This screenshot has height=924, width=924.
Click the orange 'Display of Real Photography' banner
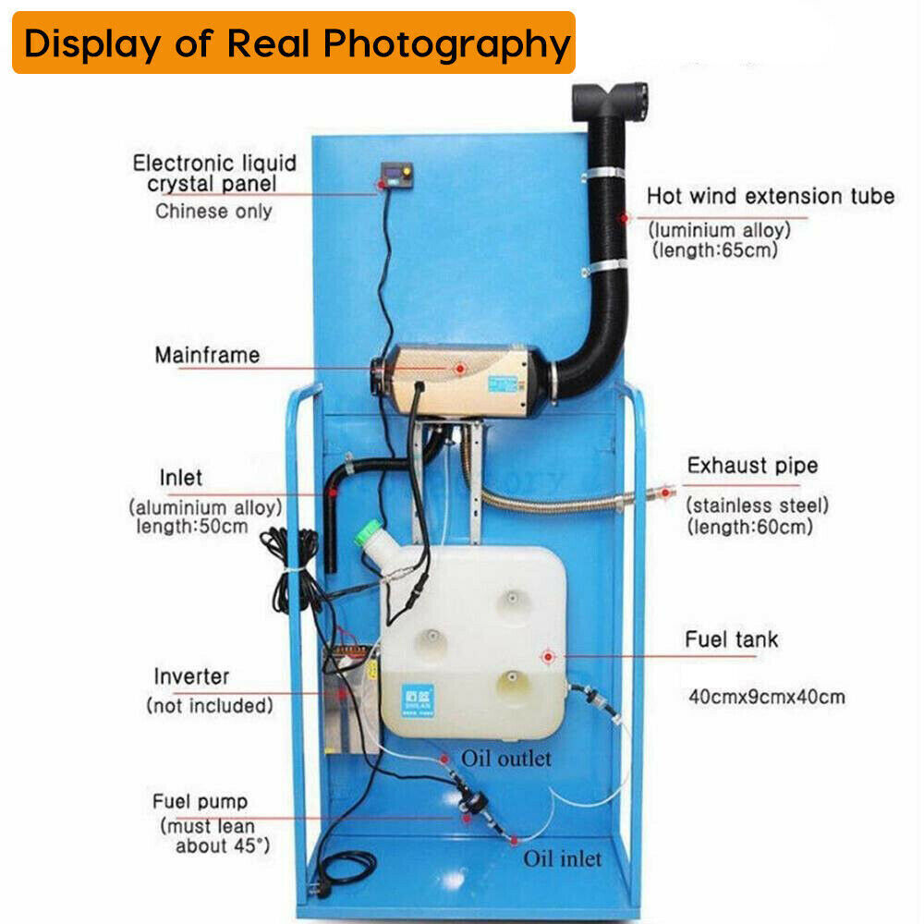point(294,43)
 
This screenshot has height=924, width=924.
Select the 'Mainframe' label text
point(207,355)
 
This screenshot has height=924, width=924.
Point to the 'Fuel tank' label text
point(731,639)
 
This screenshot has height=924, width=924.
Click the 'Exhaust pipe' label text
point(752,465)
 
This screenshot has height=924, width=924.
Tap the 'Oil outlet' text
point(506,759)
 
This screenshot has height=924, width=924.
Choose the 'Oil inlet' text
point(562,858)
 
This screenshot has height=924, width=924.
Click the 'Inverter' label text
point(191,676)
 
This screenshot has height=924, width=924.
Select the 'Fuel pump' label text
point(201,801)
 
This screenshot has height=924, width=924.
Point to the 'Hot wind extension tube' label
point(770,196)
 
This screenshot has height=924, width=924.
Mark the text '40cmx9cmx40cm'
point(766,697)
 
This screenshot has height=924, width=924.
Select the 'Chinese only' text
point(213,211)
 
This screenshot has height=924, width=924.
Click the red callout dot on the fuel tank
point(548,656)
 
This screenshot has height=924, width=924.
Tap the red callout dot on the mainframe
point(459,367)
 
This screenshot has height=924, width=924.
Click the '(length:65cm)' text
point(714,249)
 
